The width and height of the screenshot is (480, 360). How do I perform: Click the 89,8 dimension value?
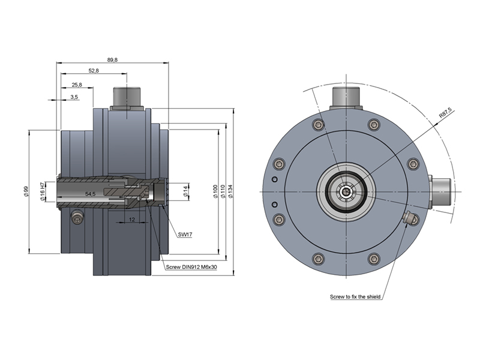(112, 59)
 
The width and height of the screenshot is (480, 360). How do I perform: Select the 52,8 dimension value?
(94, 71)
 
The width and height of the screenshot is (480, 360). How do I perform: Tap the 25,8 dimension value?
(77, 85)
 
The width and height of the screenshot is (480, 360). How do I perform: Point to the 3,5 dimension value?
(74, 97)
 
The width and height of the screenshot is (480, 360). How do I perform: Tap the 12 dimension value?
(132, 220)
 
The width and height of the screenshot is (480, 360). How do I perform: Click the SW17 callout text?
(185, 235)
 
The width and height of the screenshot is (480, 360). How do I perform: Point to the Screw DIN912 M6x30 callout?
(191, 268)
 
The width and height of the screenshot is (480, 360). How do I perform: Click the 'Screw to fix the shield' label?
(355, 296)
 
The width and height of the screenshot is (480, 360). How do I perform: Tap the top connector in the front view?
(346, 97)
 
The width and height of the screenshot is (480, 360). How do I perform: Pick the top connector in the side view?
(127, 97)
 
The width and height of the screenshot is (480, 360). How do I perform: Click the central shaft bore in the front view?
(346, 191)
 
